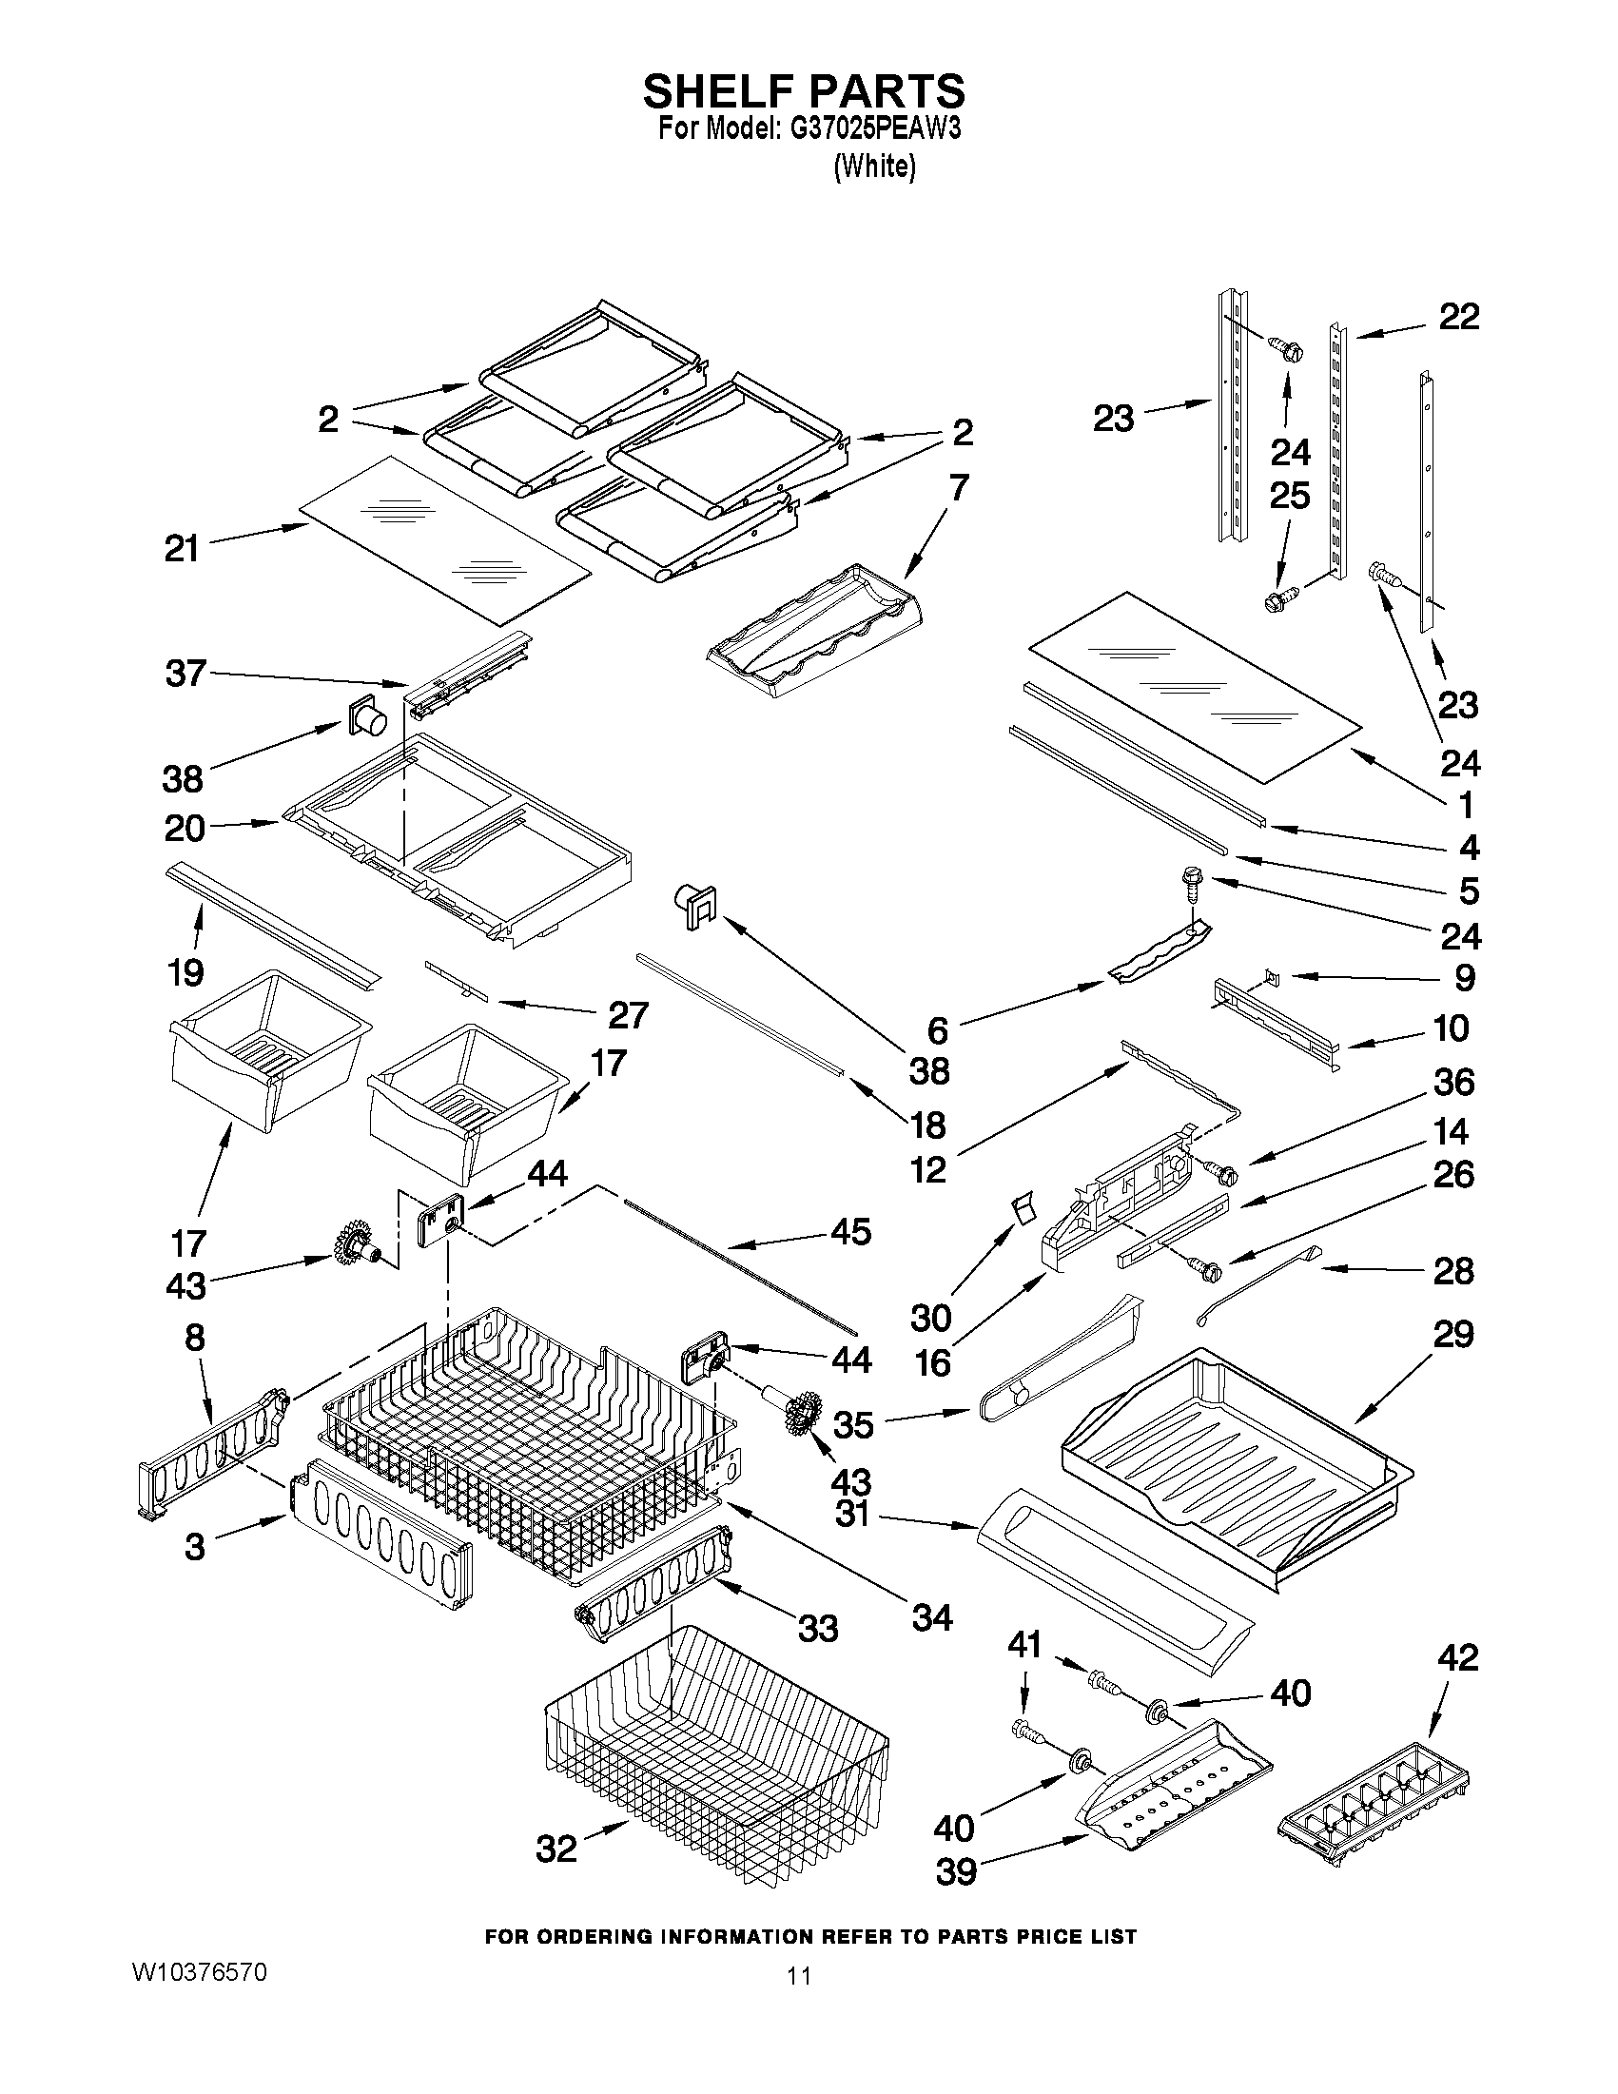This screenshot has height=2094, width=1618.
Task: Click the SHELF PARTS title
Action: pos(803,91)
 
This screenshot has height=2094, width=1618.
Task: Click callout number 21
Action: pos(181,549)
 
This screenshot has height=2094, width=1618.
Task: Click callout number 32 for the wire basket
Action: pos(556,1848)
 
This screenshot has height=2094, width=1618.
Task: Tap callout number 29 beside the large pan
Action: pos(1453,1334)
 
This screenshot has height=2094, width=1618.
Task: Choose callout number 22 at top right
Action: pos(1459,317)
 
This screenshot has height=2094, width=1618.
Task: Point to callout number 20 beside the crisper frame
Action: pos(185,828)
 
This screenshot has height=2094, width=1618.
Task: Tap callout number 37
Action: pos(185,673)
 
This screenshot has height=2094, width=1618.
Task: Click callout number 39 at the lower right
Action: pos(955,1870)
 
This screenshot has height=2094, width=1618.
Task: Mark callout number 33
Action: pos(818,1628)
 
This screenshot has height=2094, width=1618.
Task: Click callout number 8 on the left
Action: pos(195,1338)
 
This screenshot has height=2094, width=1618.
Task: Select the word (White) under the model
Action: pos(874,166)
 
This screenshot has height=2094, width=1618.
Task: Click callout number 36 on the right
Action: pos(1453,1083)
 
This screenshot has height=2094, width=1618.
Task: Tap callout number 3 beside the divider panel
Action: pos(195,1546)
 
